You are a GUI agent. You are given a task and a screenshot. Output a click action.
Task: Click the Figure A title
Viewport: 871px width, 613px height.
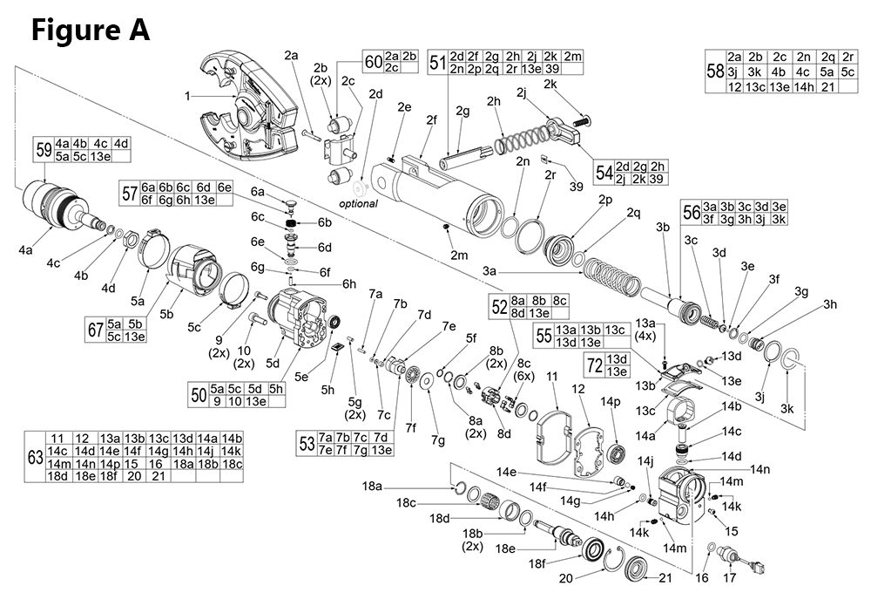click(91, 30)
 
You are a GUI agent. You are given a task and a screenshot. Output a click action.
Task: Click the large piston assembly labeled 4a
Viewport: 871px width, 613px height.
click(52, 205)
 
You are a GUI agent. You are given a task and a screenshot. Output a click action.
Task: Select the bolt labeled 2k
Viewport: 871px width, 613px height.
click(579, 116)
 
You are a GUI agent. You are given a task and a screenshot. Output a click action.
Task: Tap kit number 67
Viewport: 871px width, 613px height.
click(93, 330)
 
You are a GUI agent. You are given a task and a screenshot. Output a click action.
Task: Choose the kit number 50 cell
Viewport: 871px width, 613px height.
click(199, 395)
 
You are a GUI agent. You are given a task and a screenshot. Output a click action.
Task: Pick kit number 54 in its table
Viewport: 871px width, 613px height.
click(604, 172)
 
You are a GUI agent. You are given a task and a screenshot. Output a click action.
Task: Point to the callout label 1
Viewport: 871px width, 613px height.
click(186, 96)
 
